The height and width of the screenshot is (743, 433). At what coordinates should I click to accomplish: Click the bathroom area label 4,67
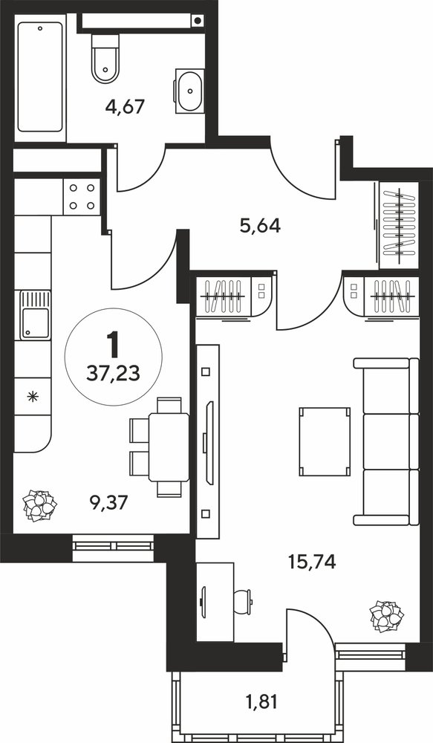point(125,106)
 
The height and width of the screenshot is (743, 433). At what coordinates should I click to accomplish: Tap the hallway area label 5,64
point(260,226)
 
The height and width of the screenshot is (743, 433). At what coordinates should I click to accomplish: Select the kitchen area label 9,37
point(109,502)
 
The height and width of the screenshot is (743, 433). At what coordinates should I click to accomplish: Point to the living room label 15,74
point(312,562)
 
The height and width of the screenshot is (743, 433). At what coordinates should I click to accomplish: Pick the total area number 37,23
point(113,374)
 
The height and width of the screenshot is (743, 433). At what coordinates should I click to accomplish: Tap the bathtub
point(40,77)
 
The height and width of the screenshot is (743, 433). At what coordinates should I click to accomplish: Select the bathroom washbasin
point(190,91)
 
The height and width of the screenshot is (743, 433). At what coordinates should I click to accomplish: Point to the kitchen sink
point(35,315)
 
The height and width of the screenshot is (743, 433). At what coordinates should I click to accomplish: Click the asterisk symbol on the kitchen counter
point(32,396)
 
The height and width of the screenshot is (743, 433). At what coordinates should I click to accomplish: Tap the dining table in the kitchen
point(169,447)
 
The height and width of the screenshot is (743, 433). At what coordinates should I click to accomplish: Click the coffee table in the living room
point(325,441)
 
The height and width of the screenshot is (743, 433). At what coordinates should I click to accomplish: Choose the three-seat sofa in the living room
point(386,441)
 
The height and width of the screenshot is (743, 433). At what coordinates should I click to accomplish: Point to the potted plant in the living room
point(387,616)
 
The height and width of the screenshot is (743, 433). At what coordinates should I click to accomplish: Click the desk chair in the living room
point(243,598)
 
